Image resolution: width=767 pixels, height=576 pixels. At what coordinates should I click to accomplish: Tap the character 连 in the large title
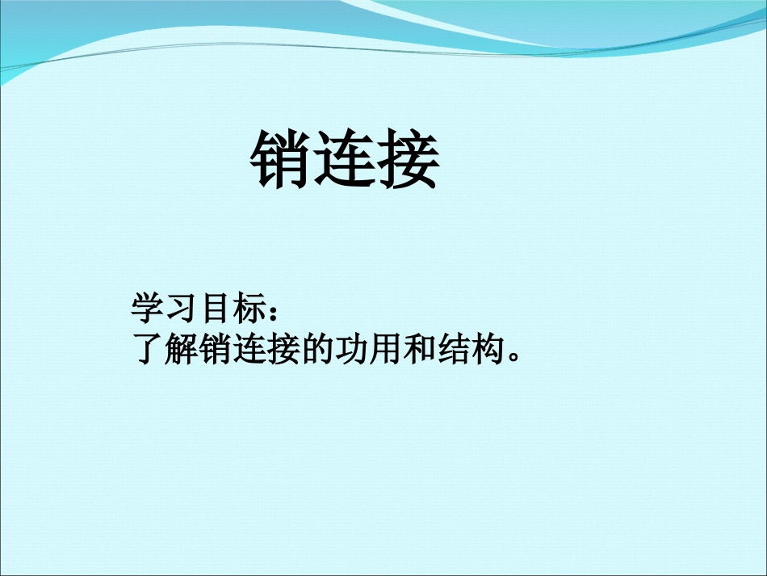(x=346, y=160)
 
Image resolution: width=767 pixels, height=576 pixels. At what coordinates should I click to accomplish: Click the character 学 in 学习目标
(x=147, y=309)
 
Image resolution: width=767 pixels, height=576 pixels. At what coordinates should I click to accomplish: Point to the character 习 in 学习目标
(x=181, y=309)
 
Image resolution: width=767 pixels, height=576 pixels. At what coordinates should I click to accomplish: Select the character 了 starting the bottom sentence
(x=146, y=349)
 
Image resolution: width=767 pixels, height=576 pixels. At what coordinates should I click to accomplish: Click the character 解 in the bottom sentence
(x=181, y=349)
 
